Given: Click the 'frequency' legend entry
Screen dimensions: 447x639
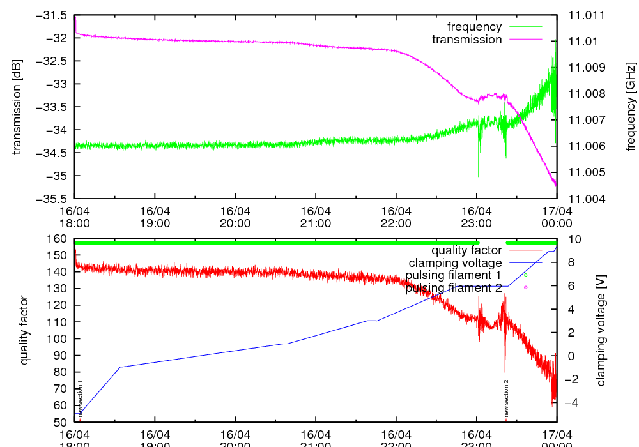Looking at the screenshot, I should coord(474,27).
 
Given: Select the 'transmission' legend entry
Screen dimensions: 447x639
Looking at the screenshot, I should coord(467,40).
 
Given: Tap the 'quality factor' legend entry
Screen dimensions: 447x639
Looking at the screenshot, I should coord(466,250).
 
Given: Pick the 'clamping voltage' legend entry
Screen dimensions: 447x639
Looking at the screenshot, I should coord(455,263).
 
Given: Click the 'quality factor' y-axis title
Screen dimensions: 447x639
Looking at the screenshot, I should coord(24,330).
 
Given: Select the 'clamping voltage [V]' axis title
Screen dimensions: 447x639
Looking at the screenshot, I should coord(601,330).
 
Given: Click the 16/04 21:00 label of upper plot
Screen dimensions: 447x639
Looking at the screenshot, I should coord(316,217).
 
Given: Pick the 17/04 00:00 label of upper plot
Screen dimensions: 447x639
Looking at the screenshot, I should coord(556,217).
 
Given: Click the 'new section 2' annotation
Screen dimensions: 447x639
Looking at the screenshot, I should coord(506,398).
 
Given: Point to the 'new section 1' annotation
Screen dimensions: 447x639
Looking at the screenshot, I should coord(81,398).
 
